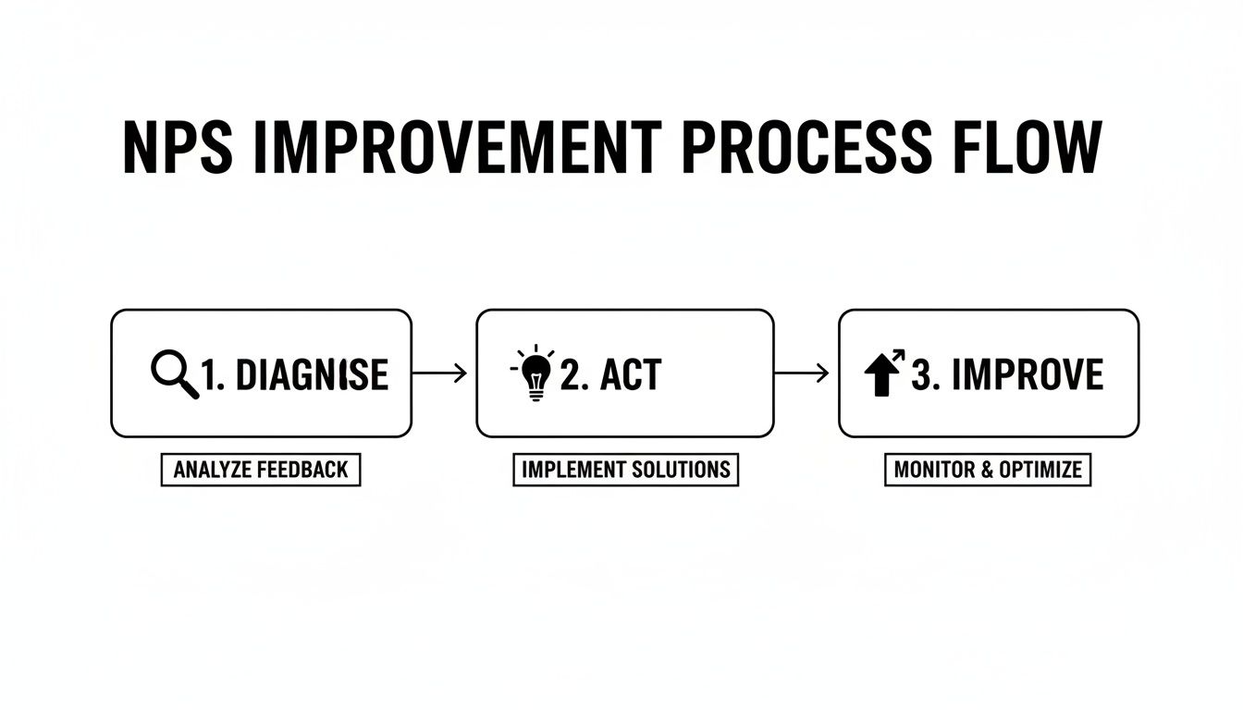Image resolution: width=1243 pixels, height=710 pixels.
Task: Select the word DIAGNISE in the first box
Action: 312,375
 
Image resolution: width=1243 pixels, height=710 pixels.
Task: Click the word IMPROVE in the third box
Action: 1027,375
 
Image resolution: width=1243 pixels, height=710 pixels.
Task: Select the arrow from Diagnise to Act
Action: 439,373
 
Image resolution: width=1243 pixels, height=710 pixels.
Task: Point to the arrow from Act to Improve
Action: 801,373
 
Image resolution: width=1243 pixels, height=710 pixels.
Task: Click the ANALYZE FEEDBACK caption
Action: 261,470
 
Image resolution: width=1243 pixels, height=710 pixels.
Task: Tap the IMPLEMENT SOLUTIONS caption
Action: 626,470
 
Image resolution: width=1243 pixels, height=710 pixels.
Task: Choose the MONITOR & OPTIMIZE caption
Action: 988,470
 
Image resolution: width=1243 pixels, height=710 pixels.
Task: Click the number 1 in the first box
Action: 210,375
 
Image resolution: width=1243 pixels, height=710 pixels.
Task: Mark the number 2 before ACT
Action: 571,375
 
